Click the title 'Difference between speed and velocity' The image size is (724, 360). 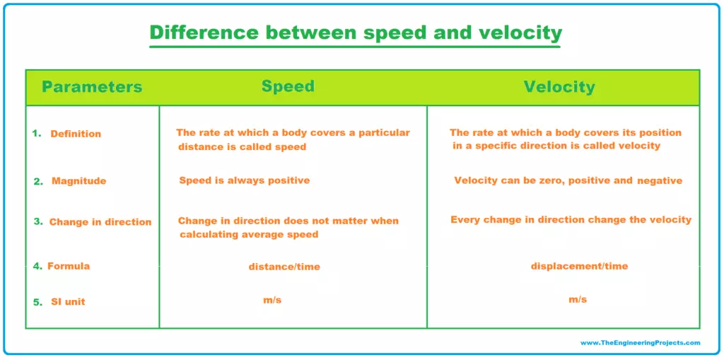pos(356,33)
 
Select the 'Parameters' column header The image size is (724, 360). pos(93,87)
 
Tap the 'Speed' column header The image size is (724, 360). pos(288,86)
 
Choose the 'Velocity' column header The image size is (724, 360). pos(559,87)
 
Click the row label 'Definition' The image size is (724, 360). pos(76,134)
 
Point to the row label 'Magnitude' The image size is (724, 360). pos(79,181)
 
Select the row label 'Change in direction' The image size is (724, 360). pos(100,222)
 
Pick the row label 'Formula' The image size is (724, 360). pos(69,266)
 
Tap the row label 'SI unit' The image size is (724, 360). pos(69,302)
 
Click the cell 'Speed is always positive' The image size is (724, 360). pos(244,180)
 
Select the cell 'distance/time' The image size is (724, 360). pos(284,267)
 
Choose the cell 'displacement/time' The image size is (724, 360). pos(580,266)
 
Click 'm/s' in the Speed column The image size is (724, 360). pos(272,300)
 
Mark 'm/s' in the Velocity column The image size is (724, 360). pos(578,299)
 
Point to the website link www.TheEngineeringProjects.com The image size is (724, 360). pos(641,343)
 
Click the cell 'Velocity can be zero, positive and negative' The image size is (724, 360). pos(568,180)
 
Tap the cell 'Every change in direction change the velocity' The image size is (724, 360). pos(571,220)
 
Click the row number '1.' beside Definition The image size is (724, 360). pos(37,133)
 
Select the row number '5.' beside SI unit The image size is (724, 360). pos(38,302)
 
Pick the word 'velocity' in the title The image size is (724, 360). pos(521,33)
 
